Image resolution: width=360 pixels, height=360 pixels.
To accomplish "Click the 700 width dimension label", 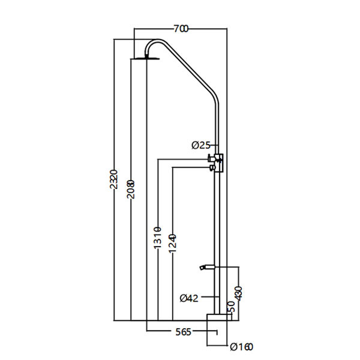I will click(181, 28).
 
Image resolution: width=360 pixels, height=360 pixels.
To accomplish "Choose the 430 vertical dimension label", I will click(240, 292).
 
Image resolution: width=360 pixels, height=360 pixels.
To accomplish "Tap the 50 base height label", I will click(231, 307).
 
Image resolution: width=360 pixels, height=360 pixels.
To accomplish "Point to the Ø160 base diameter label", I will click(240, 346).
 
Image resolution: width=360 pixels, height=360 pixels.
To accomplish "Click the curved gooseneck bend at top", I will click(158, 43).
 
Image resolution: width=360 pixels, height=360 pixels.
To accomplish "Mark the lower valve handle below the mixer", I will click(211, 169).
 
